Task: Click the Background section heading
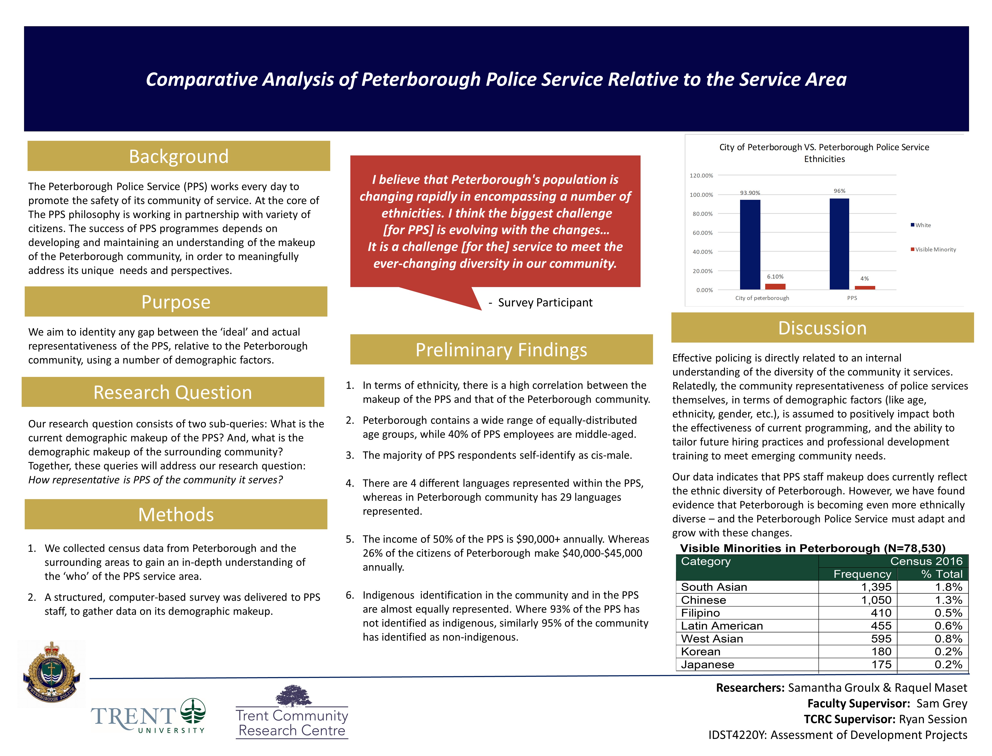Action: point(179,156)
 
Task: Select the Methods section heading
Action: point(176,514)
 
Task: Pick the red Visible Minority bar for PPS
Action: point(865,287)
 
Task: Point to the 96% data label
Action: point(839,191)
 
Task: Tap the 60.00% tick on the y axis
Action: point(703,233)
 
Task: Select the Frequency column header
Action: point(862,574)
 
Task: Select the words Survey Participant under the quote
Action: point(545,302)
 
